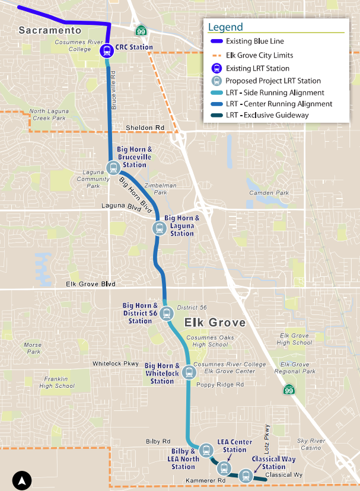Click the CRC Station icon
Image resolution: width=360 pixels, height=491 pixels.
point(107,50)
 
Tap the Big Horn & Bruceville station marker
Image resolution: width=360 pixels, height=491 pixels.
point(113,167)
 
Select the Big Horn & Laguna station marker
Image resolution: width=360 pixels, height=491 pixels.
point(158,228)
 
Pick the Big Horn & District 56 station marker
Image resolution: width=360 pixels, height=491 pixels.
point(165,314)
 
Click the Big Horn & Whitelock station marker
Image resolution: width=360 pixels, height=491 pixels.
point(189,372)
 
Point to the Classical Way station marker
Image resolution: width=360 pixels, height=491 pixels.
point(245,474)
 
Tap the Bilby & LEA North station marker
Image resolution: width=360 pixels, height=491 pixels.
point(206,449)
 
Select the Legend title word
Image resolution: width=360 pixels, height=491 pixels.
point(225,27)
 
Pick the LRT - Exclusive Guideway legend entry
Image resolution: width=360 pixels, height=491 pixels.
point(267,115)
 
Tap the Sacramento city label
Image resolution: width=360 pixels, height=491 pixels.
point(49,30)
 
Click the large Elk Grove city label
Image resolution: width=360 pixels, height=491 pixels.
point(215,323)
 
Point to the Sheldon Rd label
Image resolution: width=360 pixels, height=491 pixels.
point(145,128)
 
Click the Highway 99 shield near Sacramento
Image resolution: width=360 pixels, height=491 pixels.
point(141,31)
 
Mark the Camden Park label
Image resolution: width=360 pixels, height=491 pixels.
point(269,193)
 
